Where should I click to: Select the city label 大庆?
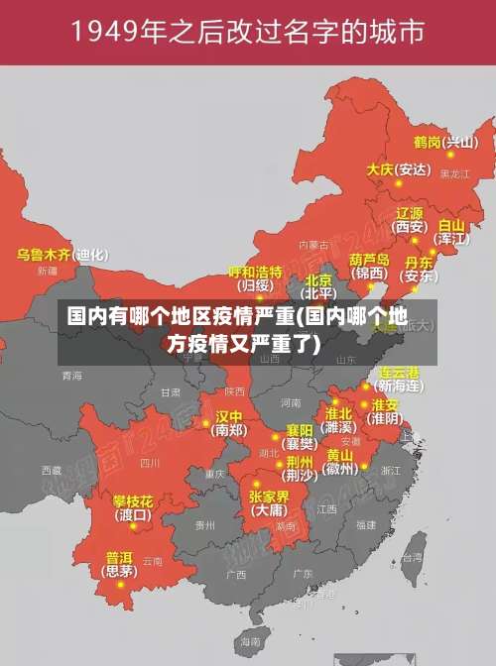point(380,169)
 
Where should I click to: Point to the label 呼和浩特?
point(255,272)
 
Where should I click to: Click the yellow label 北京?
point(318,279)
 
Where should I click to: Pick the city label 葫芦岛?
point(369,259)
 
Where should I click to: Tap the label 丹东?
point(418,263)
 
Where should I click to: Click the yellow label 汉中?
point(229,416)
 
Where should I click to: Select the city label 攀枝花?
point(132,501)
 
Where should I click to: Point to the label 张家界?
point(269,497)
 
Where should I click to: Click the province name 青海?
point(71,377)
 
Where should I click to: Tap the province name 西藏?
point(51,470)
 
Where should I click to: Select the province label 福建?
point(365,525)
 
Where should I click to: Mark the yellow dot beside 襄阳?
point(276,436)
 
